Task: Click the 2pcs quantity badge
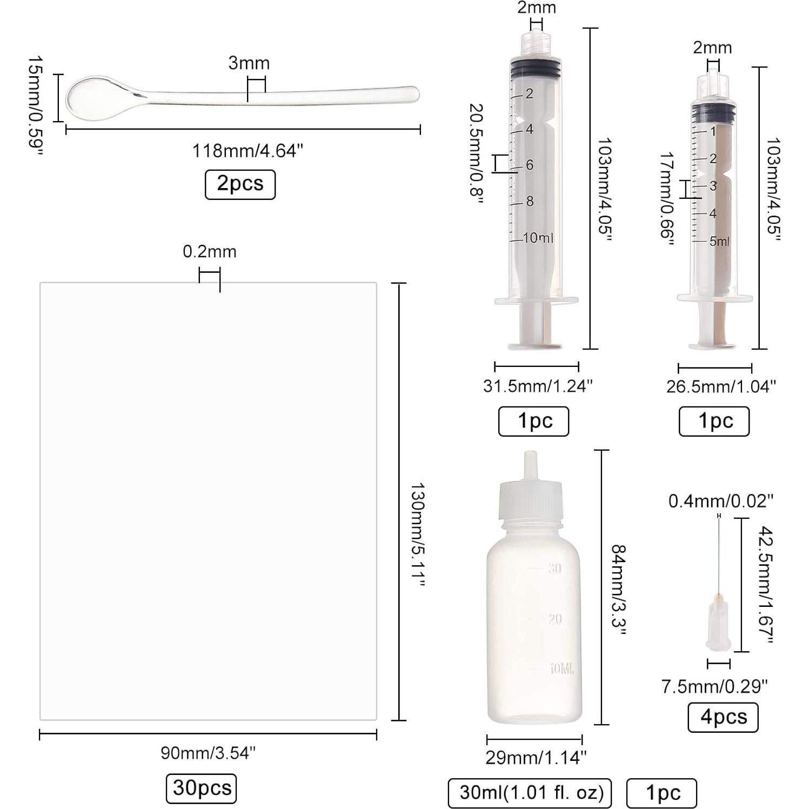(x=240, y=184)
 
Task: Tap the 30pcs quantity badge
(x=202, y=788)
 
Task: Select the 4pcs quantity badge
(x=723, y=717)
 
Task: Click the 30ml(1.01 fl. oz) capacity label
(x=530, y=793)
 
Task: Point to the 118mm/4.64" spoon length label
(x=248, y=151)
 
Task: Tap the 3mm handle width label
(x=249, y=63)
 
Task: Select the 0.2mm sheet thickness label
(x=210, y=251)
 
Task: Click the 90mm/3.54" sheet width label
(x=208, y=752)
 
